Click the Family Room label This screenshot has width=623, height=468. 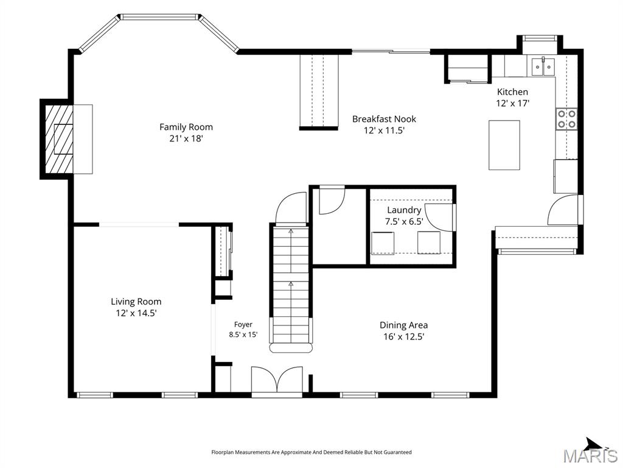(186, 127)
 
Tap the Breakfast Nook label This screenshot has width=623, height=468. (385, 119)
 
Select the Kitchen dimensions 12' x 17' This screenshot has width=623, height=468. (512, 104)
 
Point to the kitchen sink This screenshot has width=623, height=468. (543, 66)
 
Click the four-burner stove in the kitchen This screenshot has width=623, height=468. (566, 119)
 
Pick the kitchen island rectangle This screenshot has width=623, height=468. (504, 145)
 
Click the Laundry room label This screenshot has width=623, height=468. (404, 210)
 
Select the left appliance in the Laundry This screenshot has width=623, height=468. (383, 243)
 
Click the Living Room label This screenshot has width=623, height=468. (136, 302)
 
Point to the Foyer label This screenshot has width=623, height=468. (243, 325)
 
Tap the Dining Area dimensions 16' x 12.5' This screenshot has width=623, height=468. (404, 336)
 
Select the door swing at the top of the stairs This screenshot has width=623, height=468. (291, 208)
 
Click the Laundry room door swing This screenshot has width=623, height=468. (439, 218)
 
